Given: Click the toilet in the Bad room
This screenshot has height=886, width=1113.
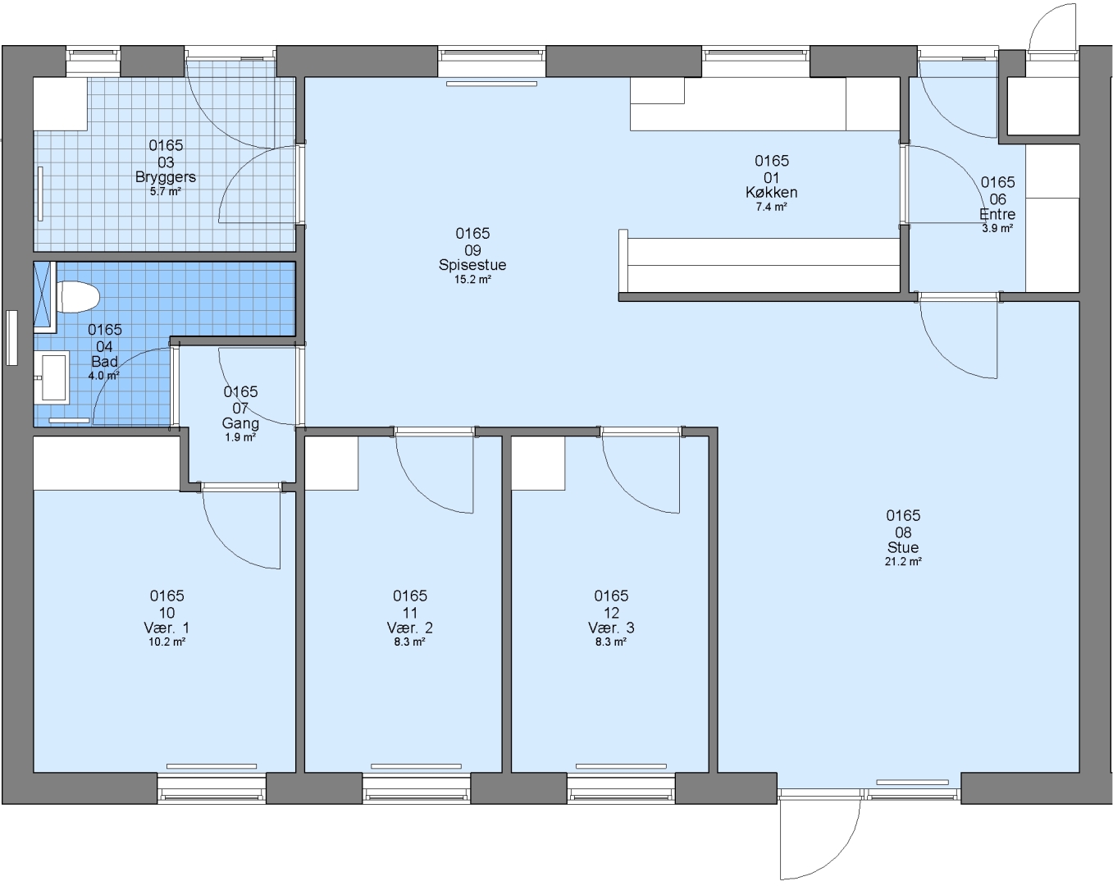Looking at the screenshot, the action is tap(78, 297).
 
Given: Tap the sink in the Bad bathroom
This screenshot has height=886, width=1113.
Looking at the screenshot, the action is tap(52, 377).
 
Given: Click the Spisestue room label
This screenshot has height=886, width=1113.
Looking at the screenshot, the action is tap(472, 265).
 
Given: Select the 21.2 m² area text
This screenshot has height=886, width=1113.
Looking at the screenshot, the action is tap(903, 562).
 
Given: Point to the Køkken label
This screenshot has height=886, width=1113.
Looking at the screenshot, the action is tap(771, 193).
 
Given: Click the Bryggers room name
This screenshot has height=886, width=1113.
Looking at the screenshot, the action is tap(166, 177).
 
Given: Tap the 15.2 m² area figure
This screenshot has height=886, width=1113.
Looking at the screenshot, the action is tap(472, 280).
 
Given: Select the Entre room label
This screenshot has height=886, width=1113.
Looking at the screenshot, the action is tap(997, 214).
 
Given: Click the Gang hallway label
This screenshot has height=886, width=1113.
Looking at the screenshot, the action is tap(240, 423).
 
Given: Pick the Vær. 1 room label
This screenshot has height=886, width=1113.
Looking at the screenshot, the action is tap(166, 628).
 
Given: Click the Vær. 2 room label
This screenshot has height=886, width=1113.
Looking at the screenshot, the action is tap(409, 628).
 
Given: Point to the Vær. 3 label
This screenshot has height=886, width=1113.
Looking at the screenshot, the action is tap(611, 628).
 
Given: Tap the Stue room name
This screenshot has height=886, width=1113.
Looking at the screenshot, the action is tap(903, 547).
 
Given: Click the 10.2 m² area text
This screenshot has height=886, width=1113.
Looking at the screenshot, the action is tap(166, 642).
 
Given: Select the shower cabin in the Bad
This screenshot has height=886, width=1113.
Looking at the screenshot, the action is tap(45, 297).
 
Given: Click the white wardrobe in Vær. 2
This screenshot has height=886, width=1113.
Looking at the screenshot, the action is tap(331, 463).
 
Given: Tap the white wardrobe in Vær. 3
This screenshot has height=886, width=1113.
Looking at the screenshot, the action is tap(538, 463).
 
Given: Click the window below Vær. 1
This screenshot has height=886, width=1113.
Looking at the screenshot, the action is tap(211, 788).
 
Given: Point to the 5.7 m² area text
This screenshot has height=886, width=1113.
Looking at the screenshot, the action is tap(166, 191).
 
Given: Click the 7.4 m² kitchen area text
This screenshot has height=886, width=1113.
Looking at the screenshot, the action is tap(771, 207).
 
